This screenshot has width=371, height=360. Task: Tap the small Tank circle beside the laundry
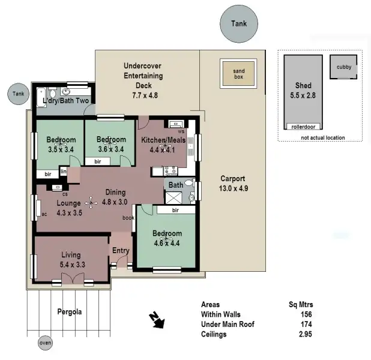(x=19, y=94)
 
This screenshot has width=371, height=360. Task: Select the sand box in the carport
(x=239, y=72)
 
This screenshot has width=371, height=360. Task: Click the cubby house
(x=344, y=67)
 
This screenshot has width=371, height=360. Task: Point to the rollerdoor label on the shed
(x=303, y=127)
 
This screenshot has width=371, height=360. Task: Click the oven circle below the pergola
(x=45, y=343)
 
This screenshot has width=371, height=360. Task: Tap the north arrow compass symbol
(x=157, y=321)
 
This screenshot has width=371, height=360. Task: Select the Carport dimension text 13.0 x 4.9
(x=234, y=188)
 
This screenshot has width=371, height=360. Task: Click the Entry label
(x=121, y=251)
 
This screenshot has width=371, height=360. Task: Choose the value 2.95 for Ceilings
(x=303, y=334)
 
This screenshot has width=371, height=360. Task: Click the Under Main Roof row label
(x=228, y=325)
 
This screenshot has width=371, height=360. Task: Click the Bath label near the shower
(x=175, y=185)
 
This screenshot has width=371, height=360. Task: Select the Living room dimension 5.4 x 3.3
(x=73, y=264)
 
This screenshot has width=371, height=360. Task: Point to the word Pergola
(x=69, y=312)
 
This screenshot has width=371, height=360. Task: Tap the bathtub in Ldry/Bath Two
(x=41, y=97)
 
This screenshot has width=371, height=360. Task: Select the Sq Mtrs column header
(x=300, y=304)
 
